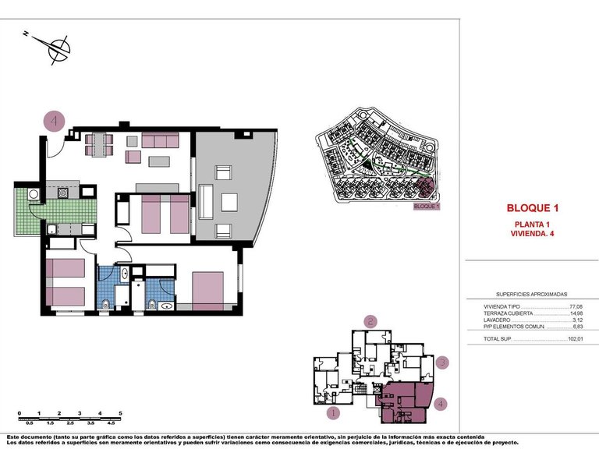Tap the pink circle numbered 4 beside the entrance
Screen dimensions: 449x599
tap(54, 122)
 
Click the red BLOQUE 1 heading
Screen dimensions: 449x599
tap(533, 208)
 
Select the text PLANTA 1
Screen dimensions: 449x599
tap(533, 224)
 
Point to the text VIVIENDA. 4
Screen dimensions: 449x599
tap(533, 233)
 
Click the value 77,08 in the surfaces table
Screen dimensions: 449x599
tap(576, 307)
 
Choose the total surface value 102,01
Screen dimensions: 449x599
tap(575, 339)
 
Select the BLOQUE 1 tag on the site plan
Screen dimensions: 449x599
tap(427, 207)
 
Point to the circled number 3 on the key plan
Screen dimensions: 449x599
tap(441, 362)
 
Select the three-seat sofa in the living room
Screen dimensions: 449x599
tap(161, 141)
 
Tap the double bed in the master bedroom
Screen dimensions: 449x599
tap(207, 291)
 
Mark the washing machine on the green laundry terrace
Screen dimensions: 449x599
tap(34, 194)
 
